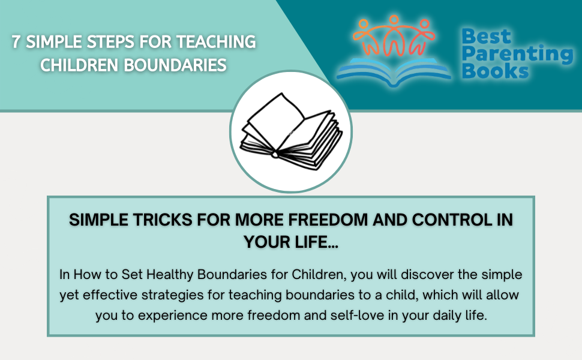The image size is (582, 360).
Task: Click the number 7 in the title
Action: pyautogui.click(x=17, y=43)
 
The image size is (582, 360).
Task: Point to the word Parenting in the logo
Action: pyautogui.click(x=517, y=55)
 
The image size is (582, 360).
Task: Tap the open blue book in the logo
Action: pyautogui.click(x=394, y=71)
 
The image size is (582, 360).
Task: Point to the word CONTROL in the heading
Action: pyautogui.click(x=443, y=220)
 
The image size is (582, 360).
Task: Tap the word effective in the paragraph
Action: pyautogui.click(x=115, y=296)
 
